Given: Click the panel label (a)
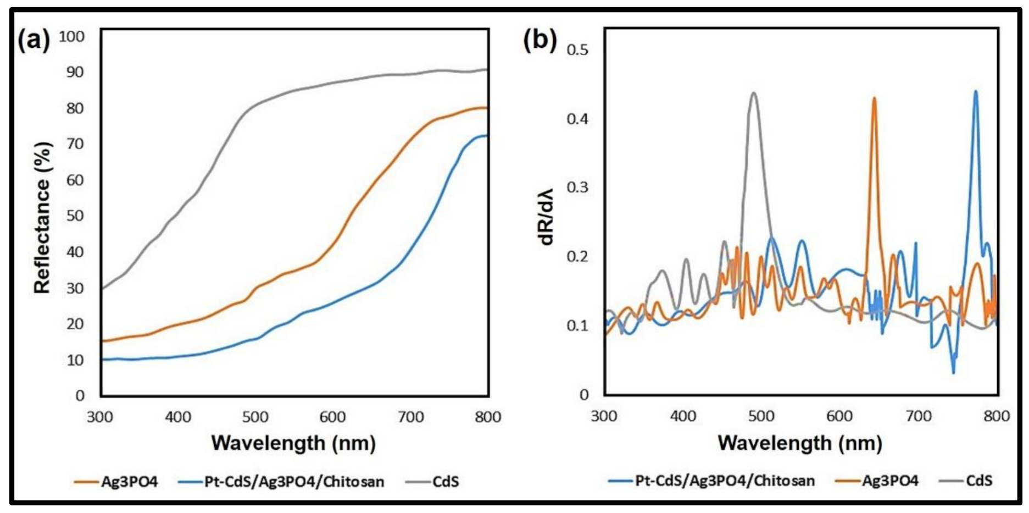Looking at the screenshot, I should point(34,40).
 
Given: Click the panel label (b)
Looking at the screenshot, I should point(539,40).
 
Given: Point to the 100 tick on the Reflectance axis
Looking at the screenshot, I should point(72,37).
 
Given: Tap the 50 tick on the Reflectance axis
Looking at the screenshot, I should point(75,216).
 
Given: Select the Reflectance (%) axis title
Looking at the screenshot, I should point(43,218).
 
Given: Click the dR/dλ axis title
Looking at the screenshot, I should point(547,216).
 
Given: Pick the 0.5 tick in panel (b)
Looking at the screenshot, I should point(577,50).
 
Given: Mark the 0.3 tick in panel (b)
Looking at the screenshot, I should point(577,187).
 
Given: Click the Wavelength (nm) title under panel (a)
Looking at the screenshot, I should point(293,443).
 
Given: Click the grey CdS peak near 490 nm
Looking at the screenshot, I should point(754,93).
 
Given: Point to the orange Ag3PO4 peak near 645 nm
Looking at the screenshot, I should point(874,98).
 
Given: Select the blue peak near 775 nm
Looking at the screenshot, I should point(976,91).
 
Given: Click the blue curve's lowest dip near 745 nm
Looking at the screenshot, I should point(954,373).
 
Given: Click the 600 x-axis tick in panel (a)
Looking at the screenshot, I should point(333,417).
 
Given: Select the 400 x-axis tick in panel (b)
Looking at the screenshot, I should point(683,416).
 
